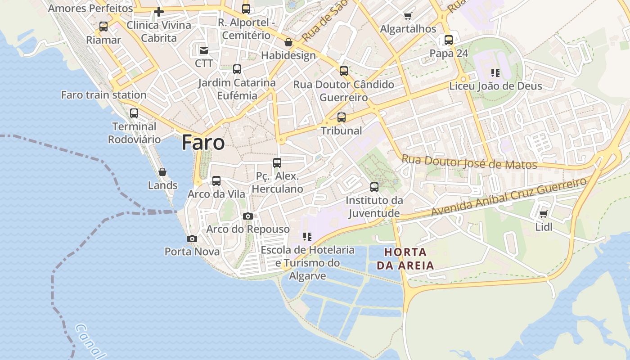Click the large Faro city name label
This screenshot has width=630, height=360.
(203, 143)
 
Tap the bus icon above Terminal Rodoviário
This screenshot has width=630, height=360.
(134, 113)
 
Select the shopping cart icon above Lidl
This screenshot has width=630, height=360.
(543, 214)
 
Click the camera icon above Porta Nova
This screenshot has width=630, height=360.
(192, 238)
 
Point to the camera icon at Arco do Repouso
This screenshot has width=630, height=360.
(247, 216)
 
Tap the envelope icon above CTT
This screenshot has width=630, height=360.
(204, 50)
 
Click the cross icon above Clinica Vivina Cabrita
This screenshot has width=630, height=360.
(158, 12)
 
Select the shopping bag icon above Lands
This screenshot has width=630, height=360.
(162, 172)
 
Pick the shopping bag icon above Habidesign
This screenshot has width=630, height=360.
(288, 42)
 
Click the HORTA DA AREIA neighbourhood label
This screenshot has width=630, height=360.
(405, 259)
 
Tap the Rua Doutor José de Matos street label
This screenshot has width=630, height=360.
(469, 162)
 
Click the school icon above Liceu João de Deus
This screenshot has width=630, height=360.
(495, 72)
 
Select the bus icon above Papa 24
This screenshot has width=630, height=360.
(449, 40)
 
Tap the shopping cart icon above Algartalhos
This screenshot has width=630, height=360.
(408, 16)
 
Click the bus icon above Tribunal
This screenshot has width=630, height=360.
(342, 117)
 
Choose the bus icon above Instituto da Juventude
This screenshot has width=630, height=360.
(374, 187)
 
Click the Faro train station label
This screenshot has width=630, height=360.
(103, 95)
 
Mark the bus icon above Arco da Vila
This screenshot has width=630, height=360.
(216, 181)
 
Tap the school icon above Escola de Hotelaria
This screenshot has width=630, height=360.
(307, 237)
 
